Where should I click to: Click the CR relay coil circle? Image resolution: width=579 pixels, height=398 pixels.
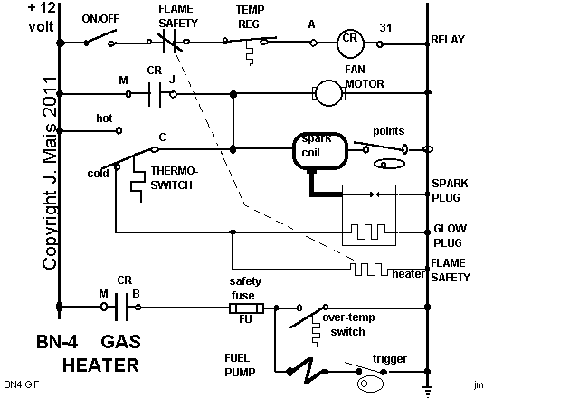coord(350,42)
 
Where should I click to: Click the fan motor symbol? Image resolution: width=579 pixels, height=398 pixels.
coord(325,91)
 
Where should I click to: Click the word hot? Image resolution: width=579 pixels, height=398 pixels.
coord(104,117)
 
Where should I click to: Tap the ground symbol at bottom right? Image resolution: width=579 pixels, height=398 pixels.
coord(427,389)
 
